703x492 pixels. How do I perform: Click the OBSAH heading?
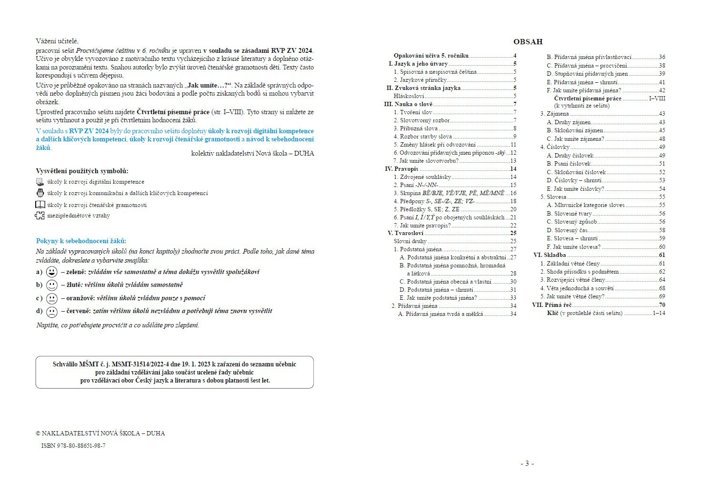point(528,42)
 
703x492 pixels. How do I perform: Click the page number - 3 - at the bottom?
point(527,463)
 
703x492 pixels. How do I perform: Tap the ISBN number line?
point(73,446)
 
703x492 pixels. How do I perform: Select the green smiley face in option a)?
point(51,272)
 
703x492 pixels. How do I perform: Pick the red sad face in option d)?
point(51,312)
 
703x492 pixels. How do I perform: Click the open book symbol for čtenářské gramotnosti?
point(40,205)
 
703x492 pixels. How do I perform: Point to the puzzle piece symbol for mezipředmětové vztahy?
point(40,216)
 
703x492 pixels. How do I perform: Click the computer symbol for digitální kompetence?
point(40,182)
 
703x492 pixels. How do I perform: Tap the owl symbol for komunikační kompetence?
point(40,193)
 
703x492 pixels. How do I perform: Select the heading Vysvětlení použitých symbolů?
point(82,171)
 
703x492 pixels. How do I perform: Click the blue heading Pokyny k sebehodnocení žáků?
point(81,241)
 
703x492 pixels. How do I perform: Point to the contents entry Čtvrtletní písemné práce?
point(587,98)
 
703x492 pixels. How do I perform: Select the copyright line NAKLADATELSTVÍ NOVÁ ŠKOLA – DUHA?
point(100,433)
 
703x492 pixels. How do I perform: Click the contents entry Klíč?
point(553,313)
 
